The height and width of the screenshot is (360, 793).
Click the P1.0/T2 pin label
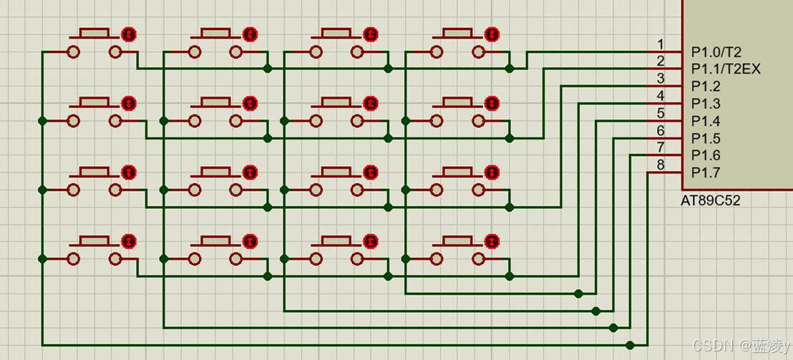[716, 52]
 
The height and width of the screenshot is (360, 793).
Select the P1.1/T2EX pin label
[726, 69]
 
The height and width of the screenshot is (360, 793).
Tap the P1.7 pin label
[706, 172]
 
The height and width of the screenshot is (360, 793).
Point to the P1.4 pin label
[706, 121]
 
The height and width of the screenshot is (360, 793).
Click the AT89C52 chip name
[710, 201]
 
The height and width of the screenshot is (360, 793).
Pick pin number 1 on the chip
[661, 44]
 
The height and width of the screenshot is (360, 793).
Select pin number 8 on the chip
[661, 165]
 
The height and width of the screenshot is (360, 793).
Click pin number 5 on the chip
[661, 113]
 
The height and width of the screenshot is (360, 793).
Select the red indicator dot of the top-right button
[492, 34]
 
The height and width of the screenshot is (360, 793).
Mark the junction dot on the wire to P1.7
[630, 345]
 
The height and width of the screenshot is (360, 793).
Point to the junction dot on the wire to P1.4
[578, 293]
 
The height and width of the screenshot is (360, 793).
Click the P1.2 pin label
[706, 87]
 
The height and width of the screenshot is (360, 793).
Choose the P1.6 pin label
[706, 155]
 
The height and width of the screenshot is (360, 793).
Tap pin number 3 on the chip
[661, 79]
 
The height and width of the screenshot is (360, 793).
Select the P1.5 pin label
[706, 138]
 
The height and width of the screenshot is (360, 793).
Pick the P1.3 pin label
[706, 104]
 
